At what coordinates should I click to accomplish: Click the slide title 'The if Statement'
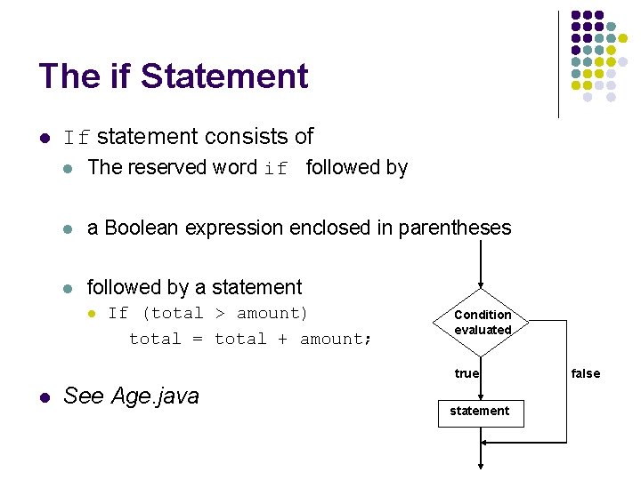174,76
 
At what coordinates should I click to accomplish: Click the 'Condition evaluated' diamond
482,322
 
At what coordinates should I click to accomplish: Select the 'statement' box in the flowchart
480,412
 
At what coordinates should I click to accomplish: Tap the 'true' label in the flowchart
467,373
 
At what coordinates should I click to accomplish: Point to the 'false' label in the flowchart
586,373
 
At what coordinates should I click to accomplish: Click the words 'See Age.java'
131,396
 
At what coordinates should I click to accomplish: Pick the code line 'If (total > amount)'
207,313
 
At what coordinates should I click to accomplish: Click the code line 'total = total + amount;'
250,339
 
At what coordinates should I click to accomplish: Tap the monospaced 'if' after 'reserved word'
276,169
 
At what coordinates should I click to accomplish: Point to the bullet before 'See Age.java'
43,396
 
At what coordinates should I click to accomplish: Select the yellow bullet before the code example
90,314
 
